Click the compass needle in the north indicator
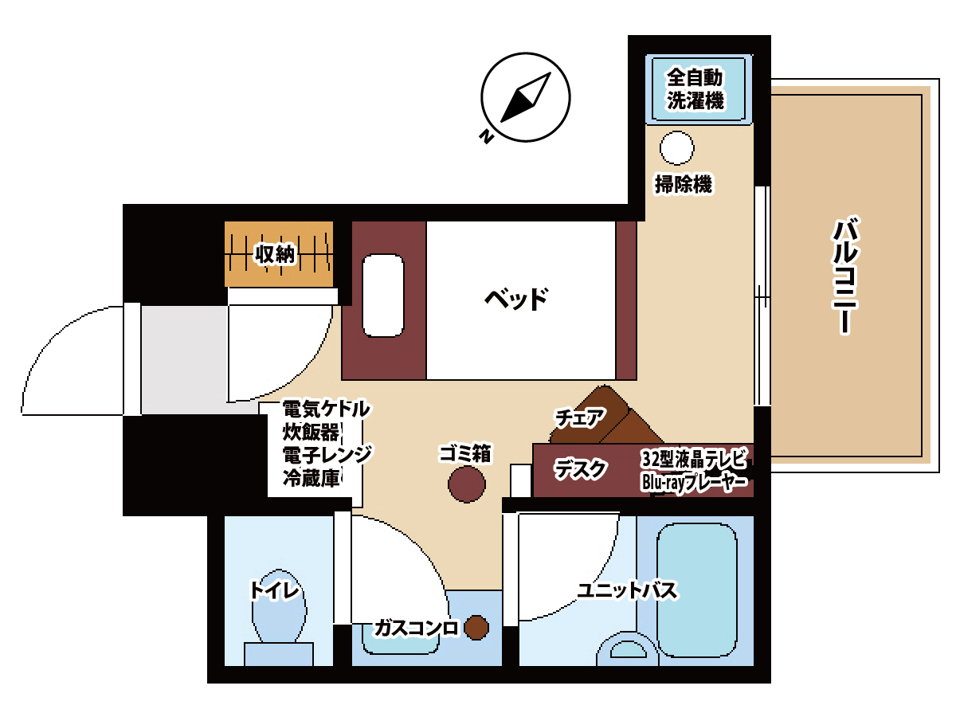(x=525, y=97)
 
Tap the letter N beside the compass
(x=487, y=137)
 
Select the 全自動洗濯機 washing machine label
(x=695, y=88)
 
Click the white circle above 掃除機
(x=676, y=148)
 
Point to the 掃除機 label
(x=684, y=184)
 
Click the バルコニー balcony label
(x=845, y=276)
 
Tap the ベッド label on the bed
(x=516, y=299)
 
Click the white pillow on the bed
(x=383, y=296)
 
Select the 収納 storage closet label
(x=276, y=254)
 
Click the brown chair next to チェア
(x=606, y=416)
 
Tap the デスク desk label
(x=580, y=469)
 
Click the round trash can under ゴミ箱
(x=467, y=484)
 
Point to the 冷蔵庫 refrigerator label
(x=311, y=479)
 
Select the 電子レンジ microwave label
(x=327, y=455)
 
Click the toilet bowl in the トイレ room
(x=279, y=605)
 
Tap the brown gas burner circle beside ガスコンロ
(x=476, y=628)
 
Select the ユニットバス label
(x=627, y=591)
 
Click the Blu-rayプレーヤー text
(x=695, y=482)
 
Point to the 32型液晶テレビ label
(x=693, y=458)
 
